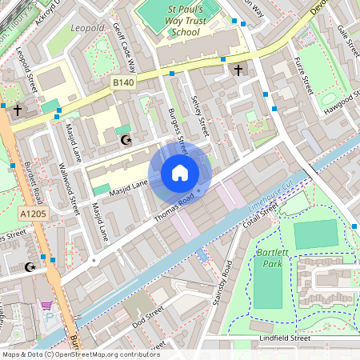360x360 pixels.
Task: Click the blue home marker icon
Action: pos(180,173)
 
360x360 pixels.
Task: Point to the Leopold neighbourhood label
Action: pos(88,28)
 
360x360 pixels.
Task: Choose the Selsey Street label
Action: pos(200,114)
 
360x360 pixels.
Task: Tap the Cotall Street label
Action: pos(261,214)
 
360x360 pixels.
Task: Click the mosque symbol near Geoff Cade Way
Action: pos(124,141)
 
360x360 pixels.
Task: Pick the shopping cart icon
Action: pos(46,306)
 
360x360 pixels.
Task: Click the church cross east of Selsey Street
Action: pos(238,70)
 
